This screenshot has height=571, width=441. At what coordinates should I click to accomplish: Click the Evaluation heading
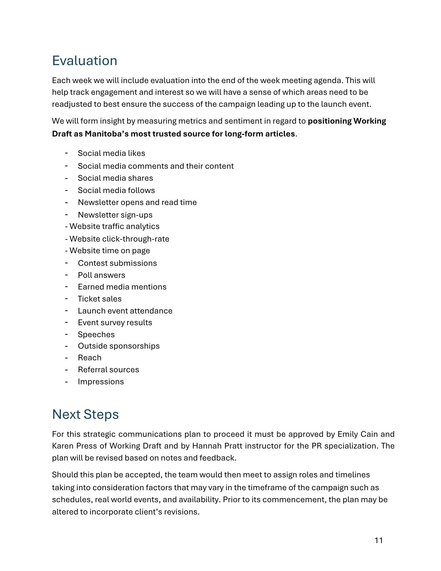(84, 61)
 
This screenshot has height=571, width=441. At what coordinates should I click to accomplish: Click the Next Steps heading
(85, 414)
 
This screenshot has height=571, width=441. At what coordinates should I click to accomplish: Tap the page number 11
(378, 540)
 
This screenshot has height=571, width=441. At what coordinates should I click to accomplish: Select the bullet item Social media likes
(111, 153)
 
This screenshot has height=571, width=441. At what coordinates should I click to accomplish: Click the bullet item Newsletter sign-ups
(115, 215)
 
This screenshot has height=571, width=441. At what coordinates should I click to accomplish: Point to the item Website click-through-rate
(119, 239)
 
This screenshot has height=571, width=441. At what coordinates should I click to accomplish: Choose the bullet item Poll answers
(101, 275)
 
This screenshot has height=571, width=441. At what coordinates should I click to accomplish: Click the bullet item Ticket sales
(100, 299)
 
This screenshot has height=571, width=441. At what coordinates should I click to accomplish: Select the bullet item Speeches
(96, 334)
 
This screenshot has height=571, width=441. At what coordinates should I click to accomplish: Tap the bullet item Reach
(90, 357)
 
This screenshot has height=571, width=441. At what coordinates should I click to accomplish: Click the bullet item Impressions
(101, 381)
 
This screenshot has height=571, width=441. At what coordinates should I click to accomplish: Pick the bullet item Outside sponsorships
(119, 346)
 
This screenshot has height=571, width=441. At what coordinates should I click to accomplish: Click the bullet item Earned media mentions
(122, 287)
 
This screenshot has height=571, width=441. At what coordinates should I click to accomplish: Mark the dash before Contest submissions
(66, 262)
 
